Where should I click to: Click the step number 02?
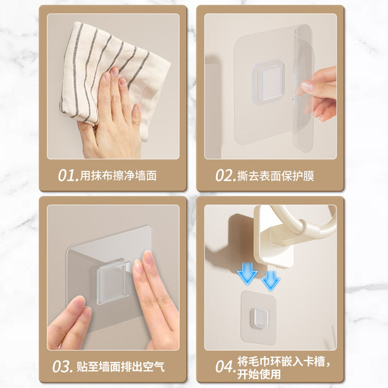tap(224, 176)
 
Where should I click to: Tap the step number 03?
tap(63, 367)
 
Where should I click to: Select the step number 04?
tap(224, 367)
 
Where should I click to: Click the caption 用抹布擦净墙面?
tap(118, 176)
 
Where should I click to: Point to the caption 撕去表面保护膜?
tap(276, 176)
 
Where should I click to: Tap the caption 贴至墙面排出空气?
tap(121, 367)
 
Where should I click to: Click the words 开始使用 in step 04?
tap(259, 374)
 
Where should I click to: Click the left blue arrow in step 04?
tap(247, 273)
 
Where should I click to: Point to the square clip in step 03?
tap(113, 282)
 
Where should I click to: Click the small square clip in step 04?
tap(259, 318)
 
